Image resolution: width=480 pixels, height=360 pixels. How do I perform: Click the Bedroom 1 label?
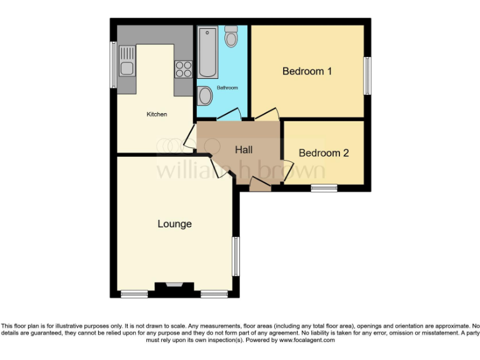click(307, 71)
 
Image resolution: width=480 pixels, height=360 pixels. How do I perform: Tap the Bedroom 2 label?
click(323, 153)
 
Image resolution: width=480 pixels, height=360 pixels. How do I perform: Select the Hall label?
click(244, 150)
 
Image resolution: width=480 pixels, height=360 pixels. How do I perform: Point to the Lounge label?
click(174, 224)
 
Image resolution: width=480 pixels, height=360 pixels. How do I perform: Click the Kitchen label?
click(157, 114)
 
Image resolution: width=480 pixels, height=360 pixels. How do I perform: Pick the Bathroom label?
click(227, 88)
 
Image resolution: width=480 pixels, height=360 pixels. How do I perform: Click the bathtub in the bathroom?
click(206, 52)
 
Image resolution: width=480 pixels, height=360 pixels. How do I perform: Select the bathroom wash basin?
click(204, 97)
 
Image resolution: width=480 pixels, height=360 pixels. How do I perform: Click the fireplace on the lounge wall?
click(170, 287)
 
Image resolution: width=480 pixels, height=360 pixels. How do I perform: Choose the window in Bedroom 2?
click(324, 187)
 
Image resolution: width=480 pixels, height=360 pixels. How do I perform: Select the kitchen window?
click(113, 64)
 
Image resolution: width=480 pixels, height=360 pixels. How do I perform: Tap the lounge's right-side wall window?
click(236, 256)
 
